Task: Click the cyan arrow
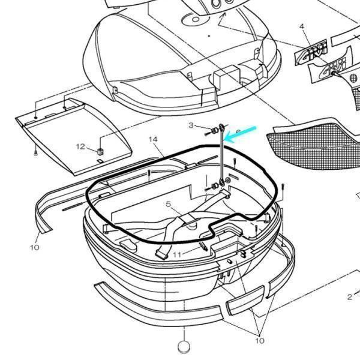point(242,133)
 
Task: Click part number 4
point(302,26)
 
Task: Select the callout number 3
point(191,125)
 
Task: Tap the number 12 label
point(80,146)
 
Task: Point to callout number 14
point(153,139)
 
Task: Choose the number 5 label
point(169,204)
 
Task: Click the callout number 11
point(176,255)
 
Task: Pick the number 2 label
point(349,296)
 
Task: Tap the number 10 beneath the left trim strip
point(34,247)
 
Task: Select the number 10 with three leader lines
point(259,340)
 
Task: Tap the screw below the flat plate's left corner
point(36,154)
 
